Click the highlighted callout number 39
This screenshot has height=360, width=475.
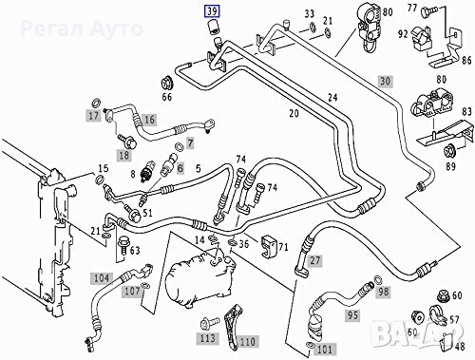[x=209, y=11]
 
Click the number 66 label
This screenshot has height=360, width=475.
[x=167, y=96]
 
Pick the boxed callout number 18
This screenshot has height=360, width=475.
[x=123, y=155]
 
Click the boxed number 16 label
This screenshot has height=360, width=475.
[x=147, y=120]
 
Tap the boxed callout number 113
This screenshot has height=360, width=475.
[x=208, y=336]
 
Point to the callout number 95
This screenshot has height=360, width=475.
[x=352, y=314]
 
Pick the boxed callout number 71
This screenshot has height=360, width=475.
[x=281, y=248]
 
